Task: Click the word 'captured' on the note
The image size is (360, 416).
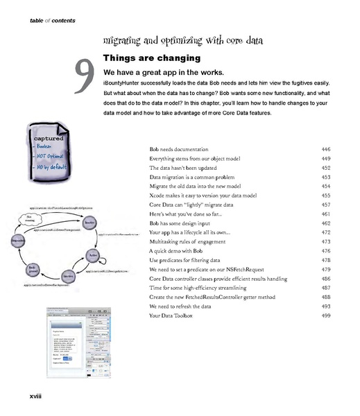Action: [48, 138]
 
